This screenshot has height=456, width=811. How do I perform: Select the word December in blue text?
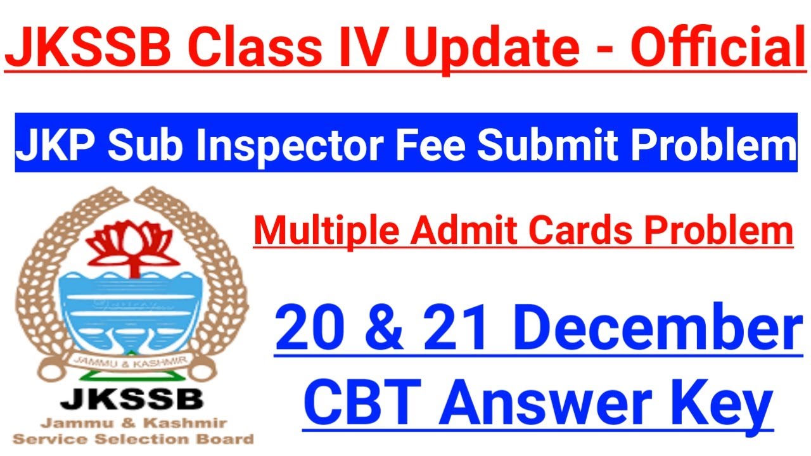659,331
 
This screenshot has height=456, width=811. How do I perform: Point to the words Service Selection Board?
133,439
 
